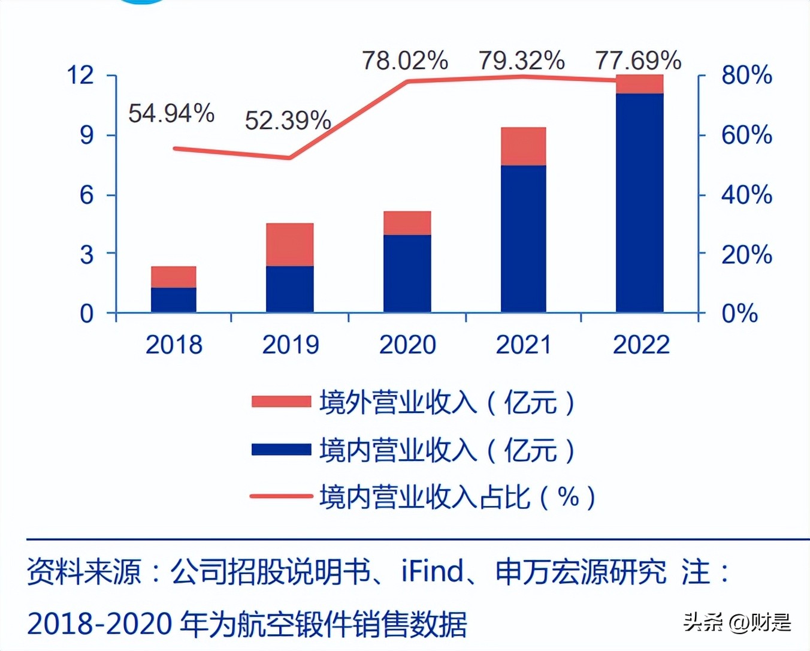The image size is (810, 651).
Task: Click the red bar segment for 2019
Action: click(290, 245)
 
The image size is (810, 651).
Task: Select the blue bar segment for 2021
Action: click(523, 239)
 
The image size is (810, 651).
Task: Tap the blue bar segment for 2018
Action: click(174, 300)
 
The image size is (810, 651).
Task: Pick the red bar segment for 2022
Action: click(639, 84)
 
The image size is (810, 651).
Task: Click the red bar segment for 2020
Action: click(407, 223)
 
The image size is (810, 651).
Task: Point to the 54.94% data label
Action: click(171, 113)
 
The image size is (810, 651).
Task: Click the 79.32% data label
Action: click(521, 61)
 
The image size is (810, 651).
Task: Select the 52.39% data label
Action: click(288, 120)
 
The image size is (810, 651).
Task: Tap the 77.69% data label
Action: click(638, 61)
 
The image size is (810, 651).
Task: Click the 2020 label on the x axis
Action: click(407, 345)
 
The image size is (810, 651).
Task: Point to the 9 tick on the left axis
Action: click(87, 135)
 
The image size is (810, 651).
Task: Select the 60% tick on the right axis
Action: click(746, 135)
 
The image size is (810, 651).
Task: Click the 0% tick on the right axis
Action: click(739, 314)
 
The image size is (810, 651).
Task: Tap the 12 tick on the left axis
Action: click(81, 76)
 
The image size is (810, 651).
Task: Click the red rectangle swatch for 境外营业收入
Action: click(281, 402)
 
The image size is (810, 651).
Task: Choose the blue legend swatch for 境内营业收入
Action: click(281, 450)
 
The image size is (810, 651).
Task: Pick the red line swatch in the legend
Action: click(281, 496)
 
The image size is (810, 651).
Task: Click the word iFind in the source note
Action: click(433, 571)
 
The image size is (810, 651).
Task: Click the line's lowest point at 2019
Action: click(290, 158)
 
